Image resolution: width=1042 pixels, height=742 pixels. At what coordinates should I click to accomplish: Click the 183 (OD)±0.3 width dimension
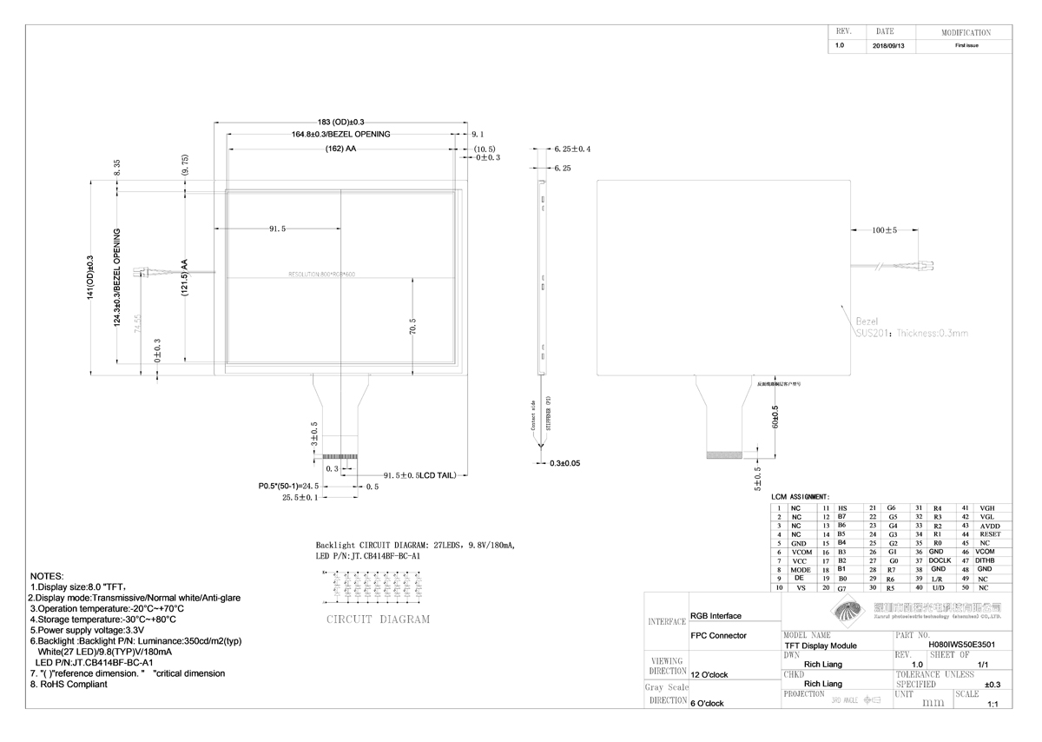[x=340, y=122]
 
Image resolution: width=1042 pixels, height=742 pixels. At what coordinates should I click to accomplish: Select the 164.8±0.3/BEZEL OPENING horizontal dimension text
[x=340, y=135]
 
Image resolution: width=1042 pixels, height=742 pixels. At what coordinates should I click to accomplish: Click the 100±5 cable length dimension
[x=885, y=231]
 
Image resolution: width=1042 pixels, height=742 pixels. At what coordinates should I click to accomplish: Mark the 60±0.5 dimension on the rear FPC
[x=775, y=417]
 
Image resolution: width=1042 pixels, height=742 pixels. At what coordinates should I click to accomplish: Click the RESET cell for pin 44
[x=989, y=534]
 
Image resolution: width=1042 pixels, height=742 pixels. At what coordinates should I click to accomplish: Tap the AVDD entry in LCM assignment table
[x=989, y=526]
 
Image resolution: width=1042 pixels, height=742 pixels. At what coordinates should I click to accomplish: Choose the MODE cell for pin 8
[x=801, y=570]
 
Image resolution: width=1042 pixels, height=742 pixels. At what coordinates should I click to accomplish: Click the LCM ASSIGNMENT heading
[x=800, y=496]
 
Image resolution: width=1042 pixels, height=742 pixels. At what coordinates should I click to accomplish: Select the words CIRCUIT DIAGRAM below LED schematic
[x=378, y=619]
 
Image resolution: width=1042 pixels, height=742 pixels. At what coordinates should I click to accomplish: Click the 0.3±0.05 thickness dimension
[x=564, y=463]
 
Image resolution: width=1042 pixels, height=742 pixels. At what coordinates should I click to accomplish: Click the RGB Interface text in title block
[x=716, y=616]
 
